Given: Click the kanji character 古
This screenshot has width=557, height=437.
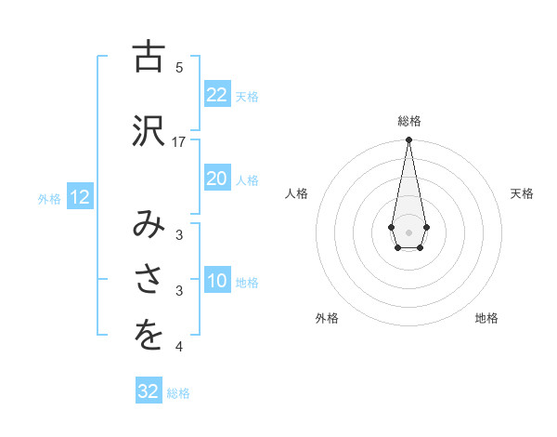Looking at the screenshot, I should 148,58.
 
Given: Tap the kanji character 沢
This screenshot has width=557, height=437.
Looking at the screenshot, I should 148,131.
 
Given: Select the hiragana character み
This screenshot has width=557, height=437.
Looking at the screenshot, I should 148,224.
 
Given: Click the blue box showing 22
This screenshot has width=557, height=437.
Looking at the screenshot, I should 217,95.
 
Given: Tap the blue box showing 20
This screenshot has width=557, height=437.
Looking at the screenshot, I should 217,179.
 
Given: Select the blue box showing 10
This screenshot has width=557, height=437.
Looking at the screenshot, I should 217,281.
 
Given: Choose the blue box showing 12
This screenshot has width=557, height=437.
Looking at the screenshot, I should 79,196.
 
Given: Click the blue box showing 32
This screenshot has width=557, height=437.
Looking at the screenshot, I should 149,391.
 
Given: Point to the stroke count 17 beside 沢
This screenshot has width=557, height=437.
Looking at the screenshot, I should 179,141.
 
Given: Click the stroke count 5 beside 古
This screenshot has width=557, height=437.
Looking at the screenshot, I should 179,67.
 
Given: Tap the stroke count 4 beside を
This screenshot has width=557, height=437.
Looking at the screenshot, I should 179,347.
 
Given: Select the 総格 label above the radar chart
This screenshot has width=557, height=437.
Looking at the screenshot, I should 408,121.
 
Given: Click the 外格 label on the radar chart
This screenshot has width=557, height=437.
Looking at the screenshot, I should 327,318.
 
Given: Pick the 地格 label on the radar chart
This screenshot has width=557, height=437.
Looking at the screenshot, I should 486,318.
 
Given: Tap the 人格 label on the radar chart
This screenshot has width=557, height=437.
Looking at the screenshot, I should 297,193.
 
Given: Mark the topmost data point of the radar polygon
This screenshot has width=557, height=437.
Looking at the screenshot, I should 408,141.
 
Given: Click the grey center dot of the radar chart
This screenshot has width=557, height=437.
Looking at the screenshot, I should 408,231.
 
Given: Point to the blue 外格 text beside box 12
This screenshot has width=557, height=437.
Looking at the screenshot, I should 48,198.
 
